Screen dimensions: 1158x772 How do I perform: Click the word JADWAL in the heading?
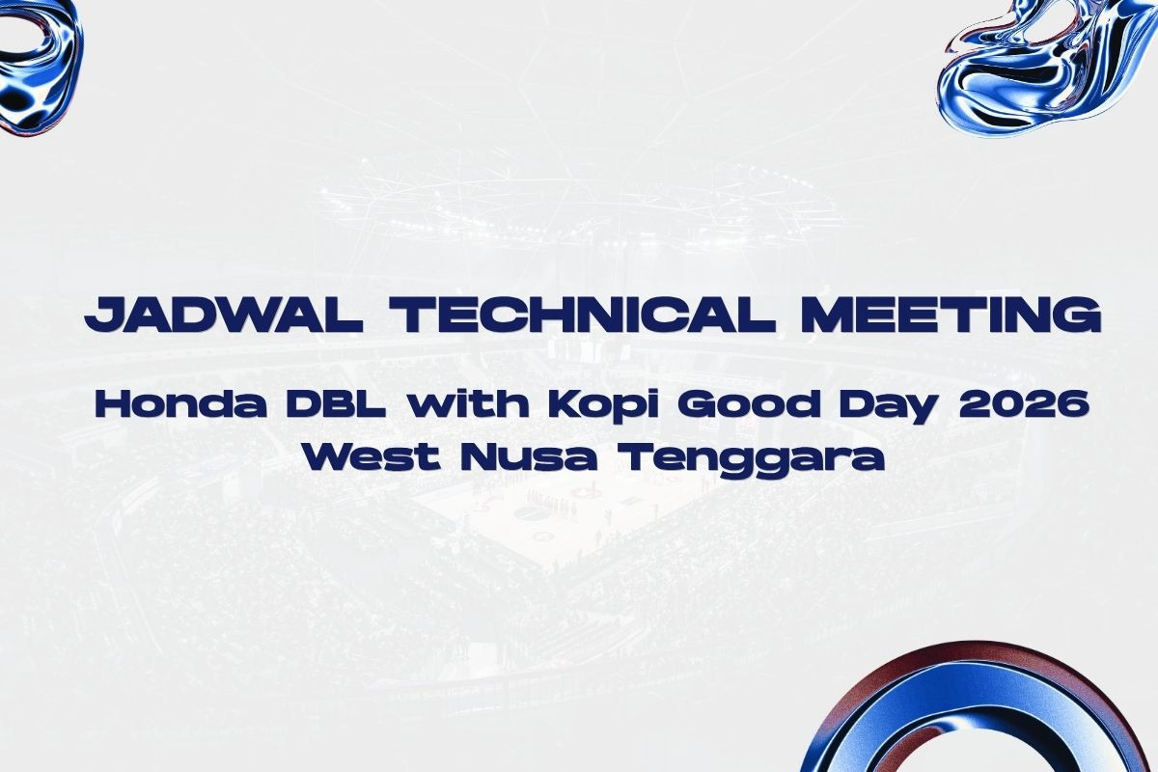pos(224,315)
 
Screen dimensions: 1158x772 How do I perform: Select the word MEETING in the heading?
pos(951,315)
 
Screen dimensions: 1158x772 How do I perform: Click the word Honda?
pos(181,405)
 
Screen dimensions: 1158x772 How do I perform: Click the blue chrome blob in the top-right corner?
pos(1044,68)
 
